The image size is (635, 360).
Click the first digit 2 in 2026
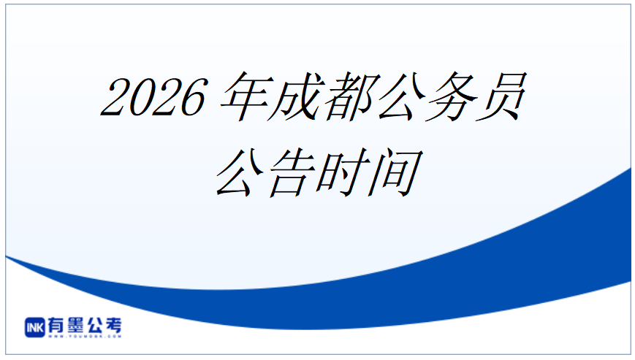114,97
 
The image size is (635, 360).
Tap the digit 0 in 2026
140,97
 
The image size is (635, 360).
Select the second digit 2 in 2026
167,97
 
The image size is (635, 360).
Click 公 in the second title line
241,173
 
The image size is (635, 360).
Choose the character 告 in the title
292,173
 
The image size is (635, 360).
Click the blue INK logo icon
35,327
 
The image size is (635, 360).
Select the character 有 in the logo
57,326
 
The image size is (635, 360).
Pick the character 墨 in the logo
75,326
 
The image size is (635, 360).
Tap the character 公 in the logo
94,326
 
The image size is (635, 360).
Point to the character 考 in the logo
113,326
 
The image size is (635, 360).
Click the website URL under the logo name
85,336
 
